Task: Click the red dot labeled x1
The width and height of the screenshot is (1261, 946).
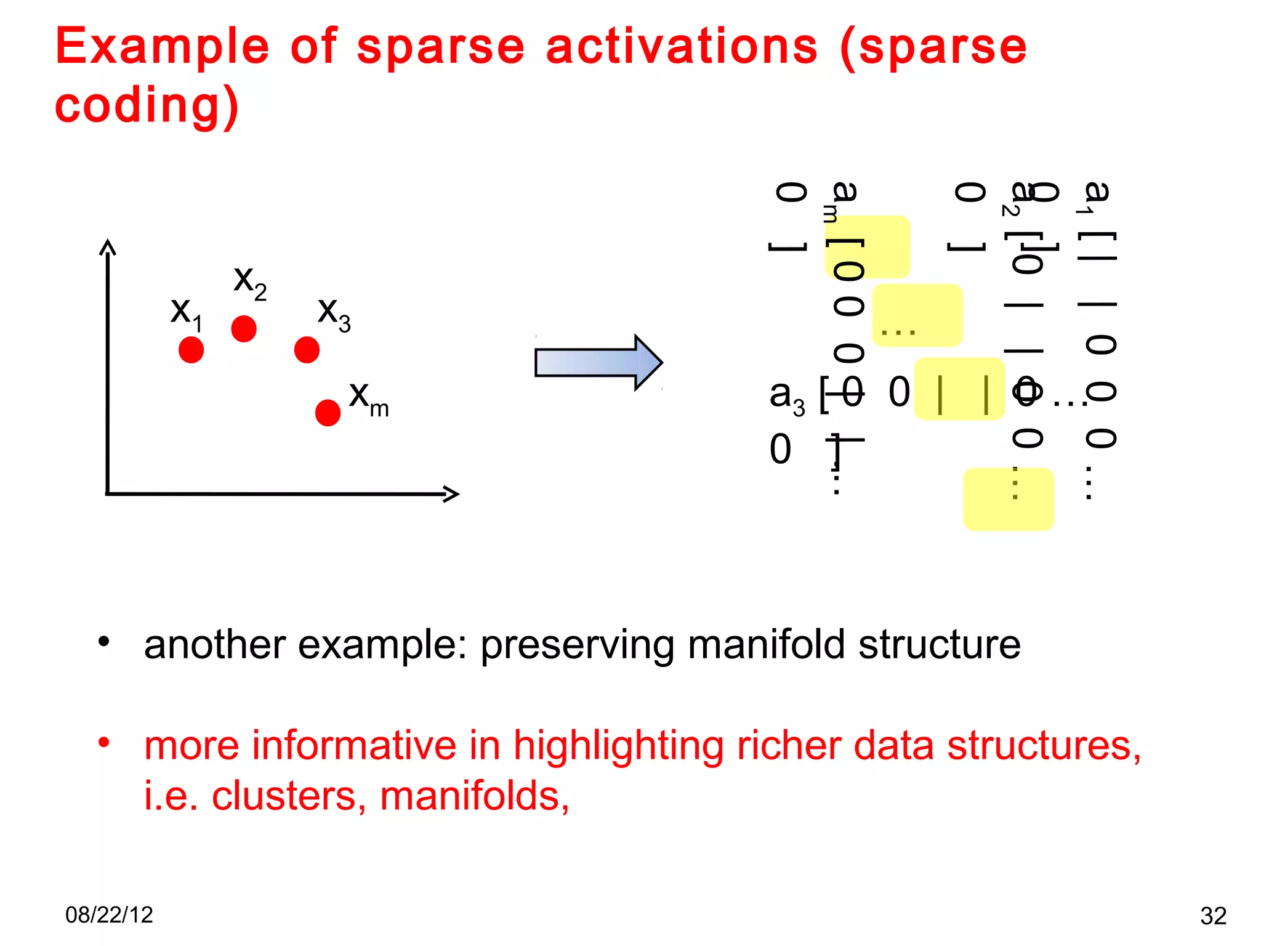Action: (191, 349)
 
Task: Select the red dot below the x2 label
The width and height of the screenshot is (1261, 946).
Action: (244, 328)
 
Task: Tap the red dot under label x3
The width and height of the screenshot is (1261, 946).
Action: (307, 349)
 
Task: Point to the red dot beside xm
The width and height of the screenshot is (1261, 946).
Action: (328, 412)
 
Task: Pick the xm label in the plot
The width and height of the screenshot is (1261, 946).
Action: (368, 398)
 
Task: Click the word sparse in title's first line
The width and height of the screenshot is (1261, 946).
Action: (440, 48)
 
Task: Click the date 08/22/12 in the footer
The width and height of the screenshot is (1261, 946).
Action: (109, 915)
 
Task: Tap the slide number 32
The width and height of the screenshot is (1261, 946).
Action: (1213, 916)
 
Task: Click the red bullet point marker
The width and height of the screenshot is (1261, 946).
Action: (103, 742)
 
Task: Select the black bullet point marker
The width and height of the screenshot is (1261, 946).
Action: (103, 642)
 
